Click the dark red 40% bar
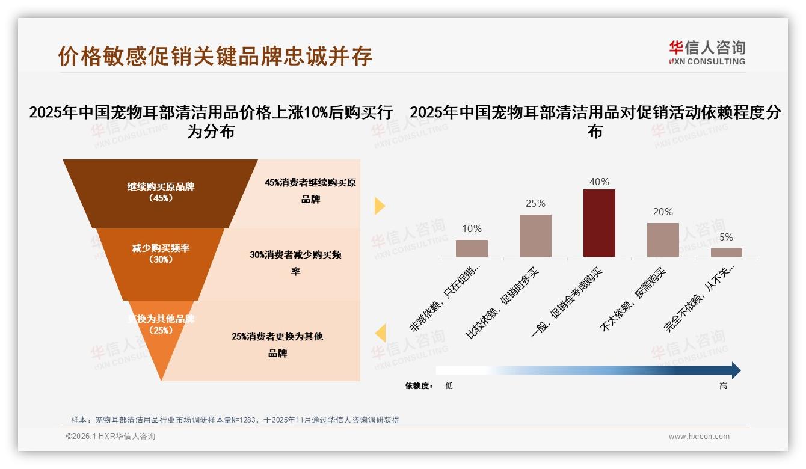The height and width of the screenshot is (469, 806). [x=599, y=223]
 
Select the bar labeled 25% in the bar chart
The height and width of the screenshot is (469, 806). [x=535, y=236]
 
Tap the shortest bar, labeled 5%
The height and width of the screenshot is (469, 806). [x=727, y=253]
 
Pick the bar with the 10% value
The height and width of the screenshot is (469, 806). [x=472, y=248]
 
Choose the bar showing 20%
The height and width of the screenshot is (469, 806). [x=663, y=240]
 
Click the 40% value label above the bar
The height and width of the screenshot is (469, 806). [x=599, y=182]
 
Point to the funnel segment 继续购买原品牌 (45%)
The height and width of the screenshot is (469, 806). [x=161, y=192]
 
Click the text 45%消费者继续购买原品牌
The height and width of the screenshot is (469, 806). [x=310, y=191]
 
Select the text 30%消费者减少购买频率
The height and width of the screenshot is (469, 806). [x=295, y=263]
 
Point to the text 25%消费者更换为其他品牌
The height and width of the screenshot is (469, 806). [x=277, y=345]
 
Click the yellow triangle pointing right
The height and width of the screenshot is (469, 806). [x=379, y=206]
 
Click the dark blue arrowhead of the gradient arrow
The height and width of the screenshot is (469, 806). [x=735, y=370]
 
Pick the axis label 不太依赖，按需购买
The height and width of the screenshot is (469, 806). [x=633, y=301]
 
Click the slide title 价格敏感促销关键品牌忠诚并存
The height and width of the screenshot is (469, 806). [x=215, y=56]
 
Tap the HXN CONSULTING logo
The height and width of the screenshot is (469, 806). [x=707, y=52]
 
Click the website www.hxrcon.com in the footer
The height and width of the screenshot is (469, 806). [x=698, y=437]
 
